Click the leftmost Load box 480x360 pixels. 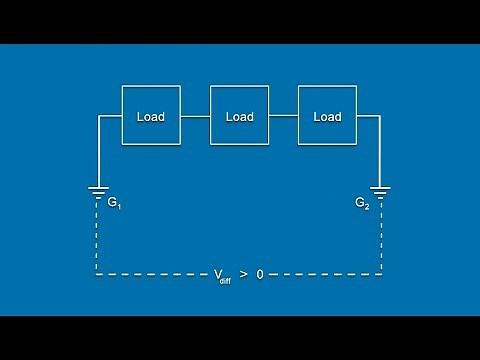point(151,117)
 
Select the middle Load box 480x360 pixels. point(239,117)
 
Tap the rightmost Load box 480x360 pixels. point(327,117)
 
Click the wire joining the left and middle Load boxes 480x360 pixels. point(195,117)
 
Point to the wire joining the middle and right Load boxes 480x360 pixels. point(284,117)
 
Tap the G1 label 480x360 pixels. point(114,203)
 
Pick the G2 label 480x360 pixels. point(362,203)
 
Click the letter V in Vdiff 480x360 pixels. point(217,273)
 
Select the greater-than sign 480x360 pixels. point(243,273)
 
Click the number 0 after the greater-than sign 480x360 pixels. point(260,273)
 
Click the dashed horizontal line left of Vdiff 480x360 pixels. point(150,273)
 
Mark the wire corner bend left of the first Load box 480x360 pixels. point(98,117)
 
